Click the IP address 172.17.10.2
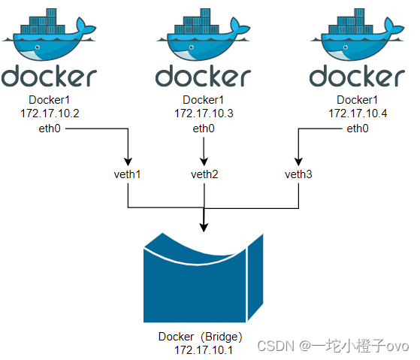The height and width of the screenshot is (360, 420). (x=50, y=113)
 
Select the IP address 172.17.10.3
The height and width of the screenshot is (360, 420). (x=204, y=113)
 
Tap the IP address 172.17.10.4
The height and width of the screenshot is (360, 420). (x=358, y=113)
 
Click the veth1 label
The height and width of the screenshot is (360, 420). (x=127, y=174)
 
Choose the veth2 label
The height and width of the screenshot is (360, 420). (x=204, y=174)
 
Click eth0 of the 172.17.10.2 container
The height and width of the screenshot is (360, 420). (x=50, y=129)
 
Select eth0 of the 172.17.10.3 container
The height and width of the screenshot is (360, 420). (x=204, y=129)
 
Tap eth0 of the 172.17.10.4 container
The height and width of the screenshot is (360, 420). (x=358, y=129)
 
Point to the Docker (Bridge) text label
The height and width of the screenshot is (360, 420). (x=201, y=336)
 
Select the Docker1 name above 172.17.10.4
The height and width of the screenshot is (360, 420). (x=358, y=100)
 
